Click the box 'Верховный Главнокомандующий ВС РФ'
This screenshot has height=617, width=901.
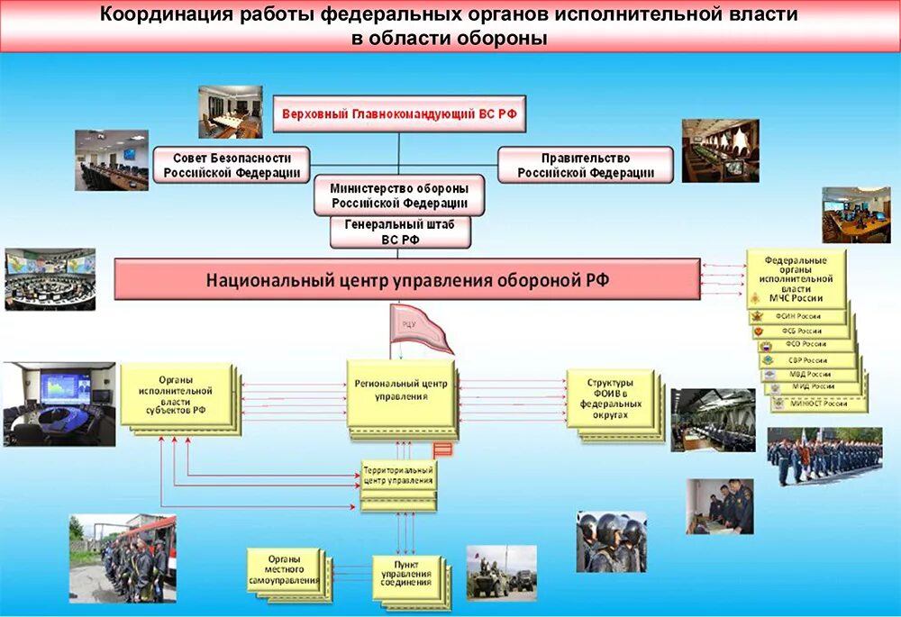click(398, 114)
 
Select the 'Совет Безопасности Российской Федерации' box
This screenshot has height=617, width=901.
click(231, 165)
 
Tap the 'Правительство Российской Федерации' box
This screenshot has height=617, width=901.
click(585, 165)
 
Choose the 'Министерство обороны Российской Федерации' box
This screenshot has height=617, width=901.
click(398, 195)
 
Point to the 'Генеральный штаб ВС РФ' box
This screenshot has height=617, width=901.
click(400, 232)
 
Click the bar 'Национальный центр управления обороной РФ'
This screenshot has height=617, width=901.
click(407, 279)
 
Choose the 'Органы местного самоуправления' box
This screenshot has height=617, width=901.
click(284, 569)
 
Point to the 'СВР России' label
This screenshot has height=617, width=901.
click(807, 360)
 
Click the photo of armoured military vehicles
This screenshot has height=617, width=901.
click(501, 572)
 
